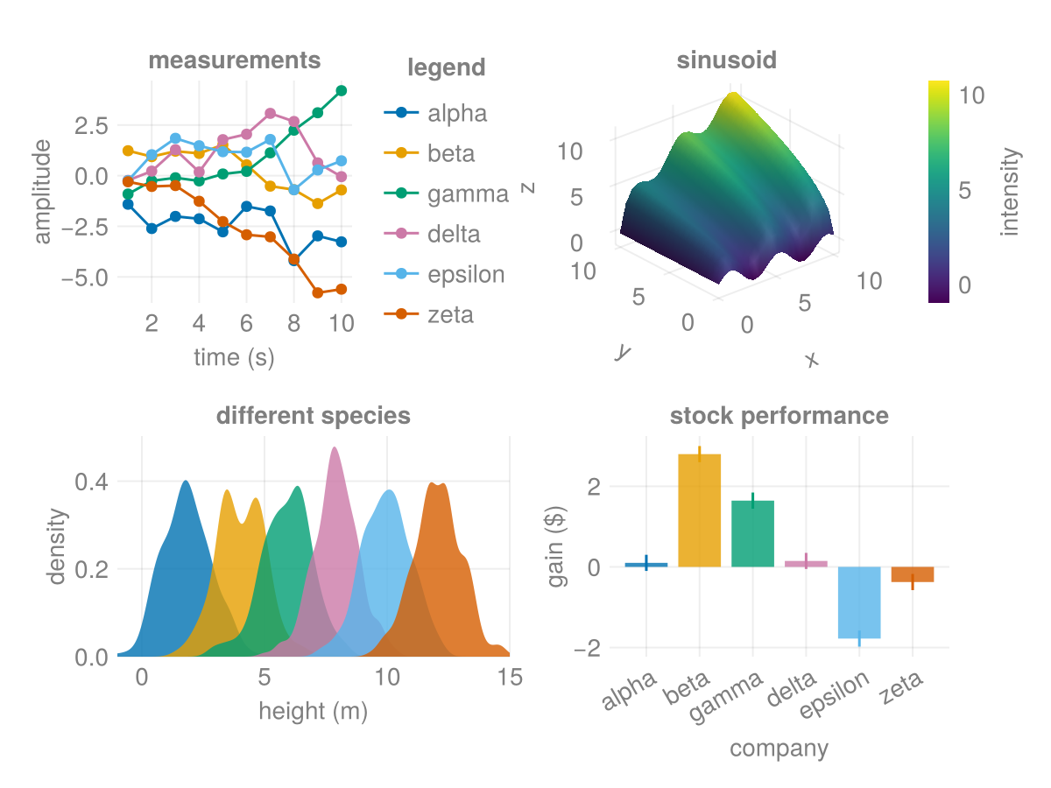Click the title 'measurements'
(234, 60)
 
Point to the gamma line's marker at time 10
(342, 90)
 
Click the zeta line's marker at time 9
(318, 292)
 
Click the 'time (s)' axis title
(234, 357)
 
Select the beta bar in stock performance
(700, 510)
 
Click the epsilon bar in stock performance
(859, 602)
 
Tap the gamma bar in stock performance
(753, 533)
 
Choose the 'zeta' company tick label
(902, 692)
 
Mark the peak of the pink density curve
(334, 448)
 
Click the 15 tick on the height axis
(510, 678)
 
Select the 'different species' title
(314, 416)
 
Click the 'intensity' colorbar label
(1011, 191)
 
